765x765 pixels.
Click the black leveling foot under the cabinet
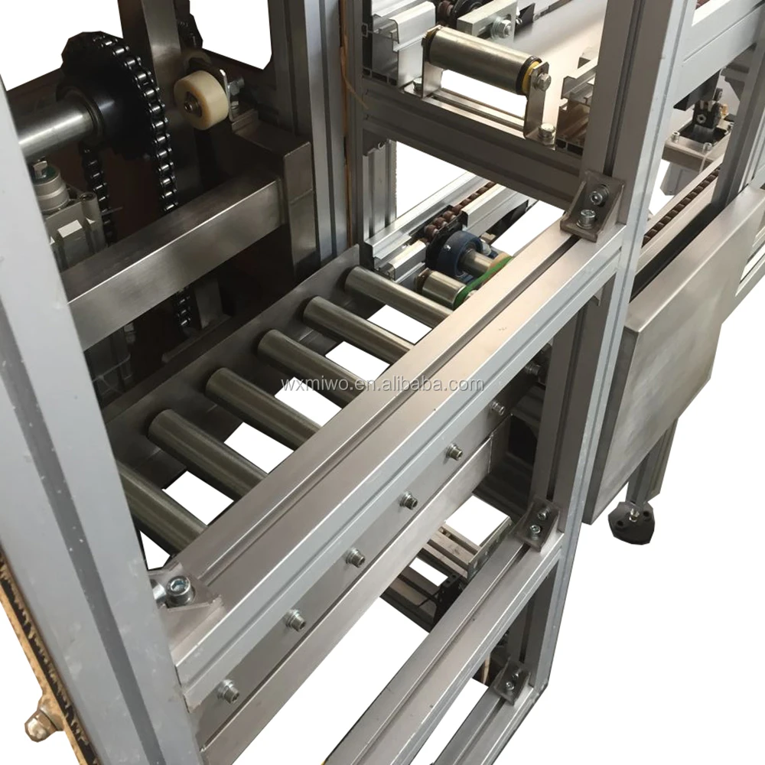[630, 522]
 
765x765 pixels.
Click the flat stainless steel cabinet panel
[673, 360]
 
